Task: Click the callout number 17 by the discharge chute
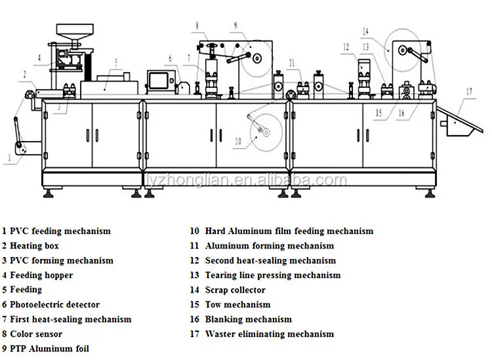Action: [469, 92]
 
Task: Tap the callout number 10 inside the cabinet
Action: [238, 142]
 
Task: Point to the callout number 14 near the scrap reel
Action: [365, 31]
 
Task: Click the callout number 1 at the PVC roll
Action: [9, 157]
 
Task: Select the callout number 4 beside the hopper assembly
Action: [39, 58]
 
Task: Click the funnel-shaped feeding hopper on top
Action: [75, 35]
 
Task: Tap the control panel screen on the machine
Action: [159, 80]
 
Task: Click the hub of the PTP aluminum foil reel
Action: [257, 58]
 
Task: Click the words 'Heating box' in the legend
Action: [34, 246]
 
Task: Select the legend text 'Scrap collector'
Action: [236, 290]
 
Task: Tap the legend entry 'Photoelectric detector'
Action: [54, 304]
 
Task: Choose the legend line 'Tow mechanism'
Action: [237, 304]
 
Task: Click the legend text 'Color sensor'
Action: [36, 334]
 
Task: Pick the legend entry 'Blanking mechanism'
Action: [248, 319]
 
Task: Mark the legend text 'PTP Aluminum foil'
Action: [49, 349]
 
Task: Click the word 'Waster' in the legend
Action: [220, 334]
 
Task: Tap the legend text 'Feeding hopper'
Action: [41, 275]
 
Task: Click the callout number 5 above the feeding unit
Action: [116, 63]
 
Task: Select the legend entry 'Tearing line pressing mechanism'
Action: [273, 275]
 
